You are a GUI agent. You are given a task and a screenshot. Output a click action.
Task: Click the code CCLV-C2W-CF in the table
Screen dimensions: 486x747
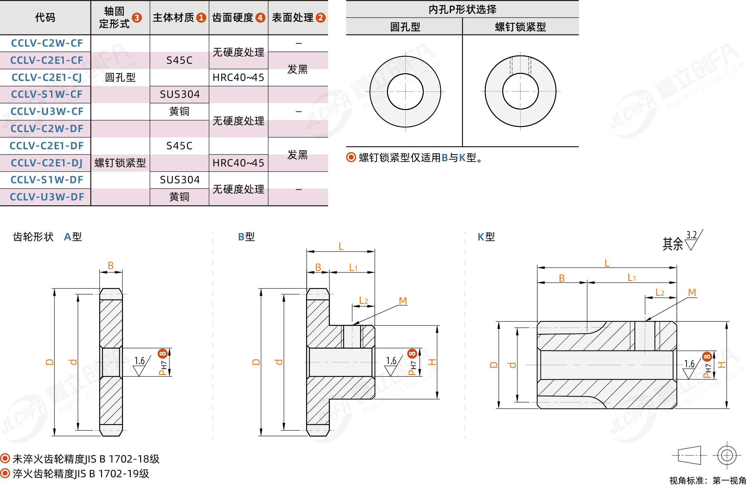click(x=47, y=43)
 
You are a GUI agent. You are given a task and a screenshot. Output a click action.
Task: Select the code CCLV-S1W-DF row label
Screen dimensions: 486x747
click(x=47, y=180)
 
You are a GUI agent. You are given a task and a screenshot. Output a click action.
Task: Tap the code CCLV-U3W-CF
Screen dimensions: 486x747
click(x=47, y=111)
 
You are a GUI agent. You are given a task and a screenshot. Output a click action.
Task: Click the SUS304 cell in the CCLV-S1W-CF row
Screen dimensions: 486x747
click(x=179, y=94)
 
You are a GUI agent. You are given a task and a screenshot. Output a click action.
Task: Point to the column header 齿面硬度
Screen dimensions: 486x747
click(x=233, y=18)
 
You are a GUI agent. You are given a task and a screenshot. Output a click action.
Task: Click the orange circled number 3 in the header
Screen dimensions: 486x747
click(x=137, y=18)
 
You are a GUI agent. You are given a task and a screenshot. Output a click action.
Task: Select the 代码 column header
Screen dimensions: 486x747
click(x=45, y=18)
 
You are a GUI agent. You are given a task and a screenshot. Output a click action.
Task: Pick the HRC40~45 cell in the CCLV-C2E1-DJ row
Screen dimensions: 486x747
click(x=238, y=163)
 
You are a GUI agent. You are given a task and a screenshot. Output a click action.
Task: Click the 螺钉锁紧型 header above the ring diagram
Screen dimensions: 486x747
click(x=520, y=27)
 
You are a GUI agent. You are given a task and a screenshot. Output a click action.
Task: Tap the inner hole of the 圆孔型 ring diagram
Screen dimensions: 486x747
click(x=405, y=91)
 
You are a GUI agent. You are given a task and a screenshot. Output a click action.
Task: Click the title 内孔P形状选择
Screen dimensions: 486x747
click(x=462, y=9)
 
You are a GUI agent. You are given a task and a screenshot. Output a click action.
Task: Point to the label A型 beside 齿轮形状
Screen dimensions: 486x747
click(x=73, y=237)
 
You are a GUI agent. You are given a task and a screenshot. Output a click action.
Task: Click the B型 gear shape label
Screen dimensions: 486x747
click(x=246, y=237)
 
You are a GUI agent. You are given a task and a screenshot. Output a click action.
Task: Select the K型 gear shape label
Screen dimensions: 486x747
click(x=486, y=237)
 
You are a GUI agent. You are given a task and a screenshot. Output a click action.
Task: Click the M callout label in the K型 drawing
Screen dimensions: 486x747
click(x=692, y=292)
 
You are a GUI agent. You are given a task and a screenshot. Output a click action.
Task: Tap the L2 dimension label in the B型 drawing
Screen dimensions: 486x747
click(x=364, y=300)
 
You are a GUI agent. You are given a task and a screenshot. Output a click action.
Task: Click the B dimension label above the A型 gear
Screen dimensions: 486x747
click(x=110, y=266)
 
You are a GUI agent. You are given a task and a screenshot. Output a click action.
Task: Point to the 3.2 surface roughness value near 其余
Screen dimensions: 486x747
click(x=691, y=235)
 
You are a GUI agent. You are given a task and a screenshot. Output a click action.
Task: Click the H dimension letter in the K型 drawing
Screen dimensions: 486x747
click(x=721, y=365)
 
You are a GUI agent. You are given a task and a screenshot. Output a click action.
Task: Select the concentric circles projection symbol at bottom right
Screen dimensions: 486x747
click(x=727, y=456)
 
